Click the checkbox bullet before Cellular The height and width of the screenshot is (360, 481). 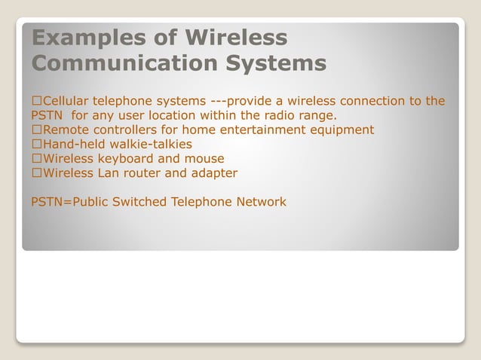(x=36, y=101)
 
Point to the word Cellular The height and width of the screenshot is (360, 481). (x=69, y=101)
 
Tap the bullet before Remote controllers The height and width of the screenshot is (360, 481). (x=36, y=130)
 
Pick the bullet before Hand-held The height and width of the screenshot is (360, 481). (x=36, y=145)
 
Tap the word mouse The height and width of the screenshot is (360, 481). (x=204, y=159)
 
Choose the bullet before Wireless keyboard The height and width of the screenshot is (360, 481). (x=36, y=159)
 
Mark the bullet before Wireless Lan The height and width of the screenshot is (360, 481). (x=36, y=173)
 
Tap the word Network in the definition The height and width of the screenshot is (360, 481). (x=259, y=202)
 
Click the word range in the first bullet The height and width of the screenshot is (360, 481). (x=317, y=116)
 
